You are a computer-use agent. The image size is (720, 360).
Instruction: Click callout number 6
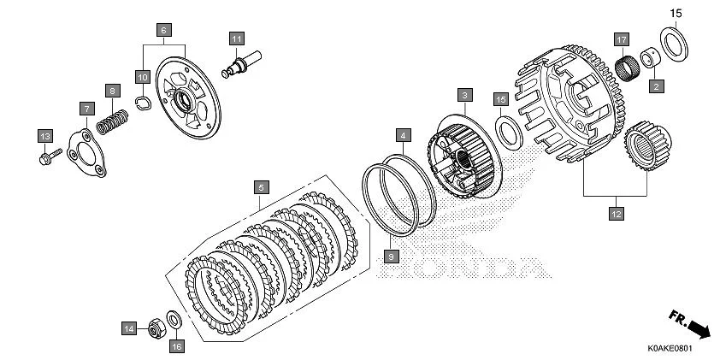[x=162, y=29]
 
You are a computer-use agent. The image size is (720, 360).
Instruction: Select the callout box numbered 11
[x=237, y=38]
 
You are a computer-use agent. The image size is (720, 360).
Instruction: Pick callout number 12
[x=615, y=215]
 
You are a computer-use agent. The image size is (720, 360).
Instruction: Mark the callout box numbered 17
[x=622, y=39]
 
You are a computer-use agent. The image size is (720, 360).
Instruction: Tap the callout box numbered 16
[x=177, y=345]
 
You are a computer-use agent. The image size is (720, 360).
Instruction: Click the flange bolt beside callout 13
[x=50, y=156]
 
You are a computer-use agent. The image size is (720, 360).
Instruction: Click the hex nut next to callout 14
[x=156, y=326]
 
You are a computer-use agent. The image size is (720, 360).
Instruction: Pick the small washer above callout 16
[x=174, y=320]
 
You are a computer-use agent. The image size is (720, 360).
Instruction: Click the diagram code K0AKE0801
[x=668, y=349]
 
